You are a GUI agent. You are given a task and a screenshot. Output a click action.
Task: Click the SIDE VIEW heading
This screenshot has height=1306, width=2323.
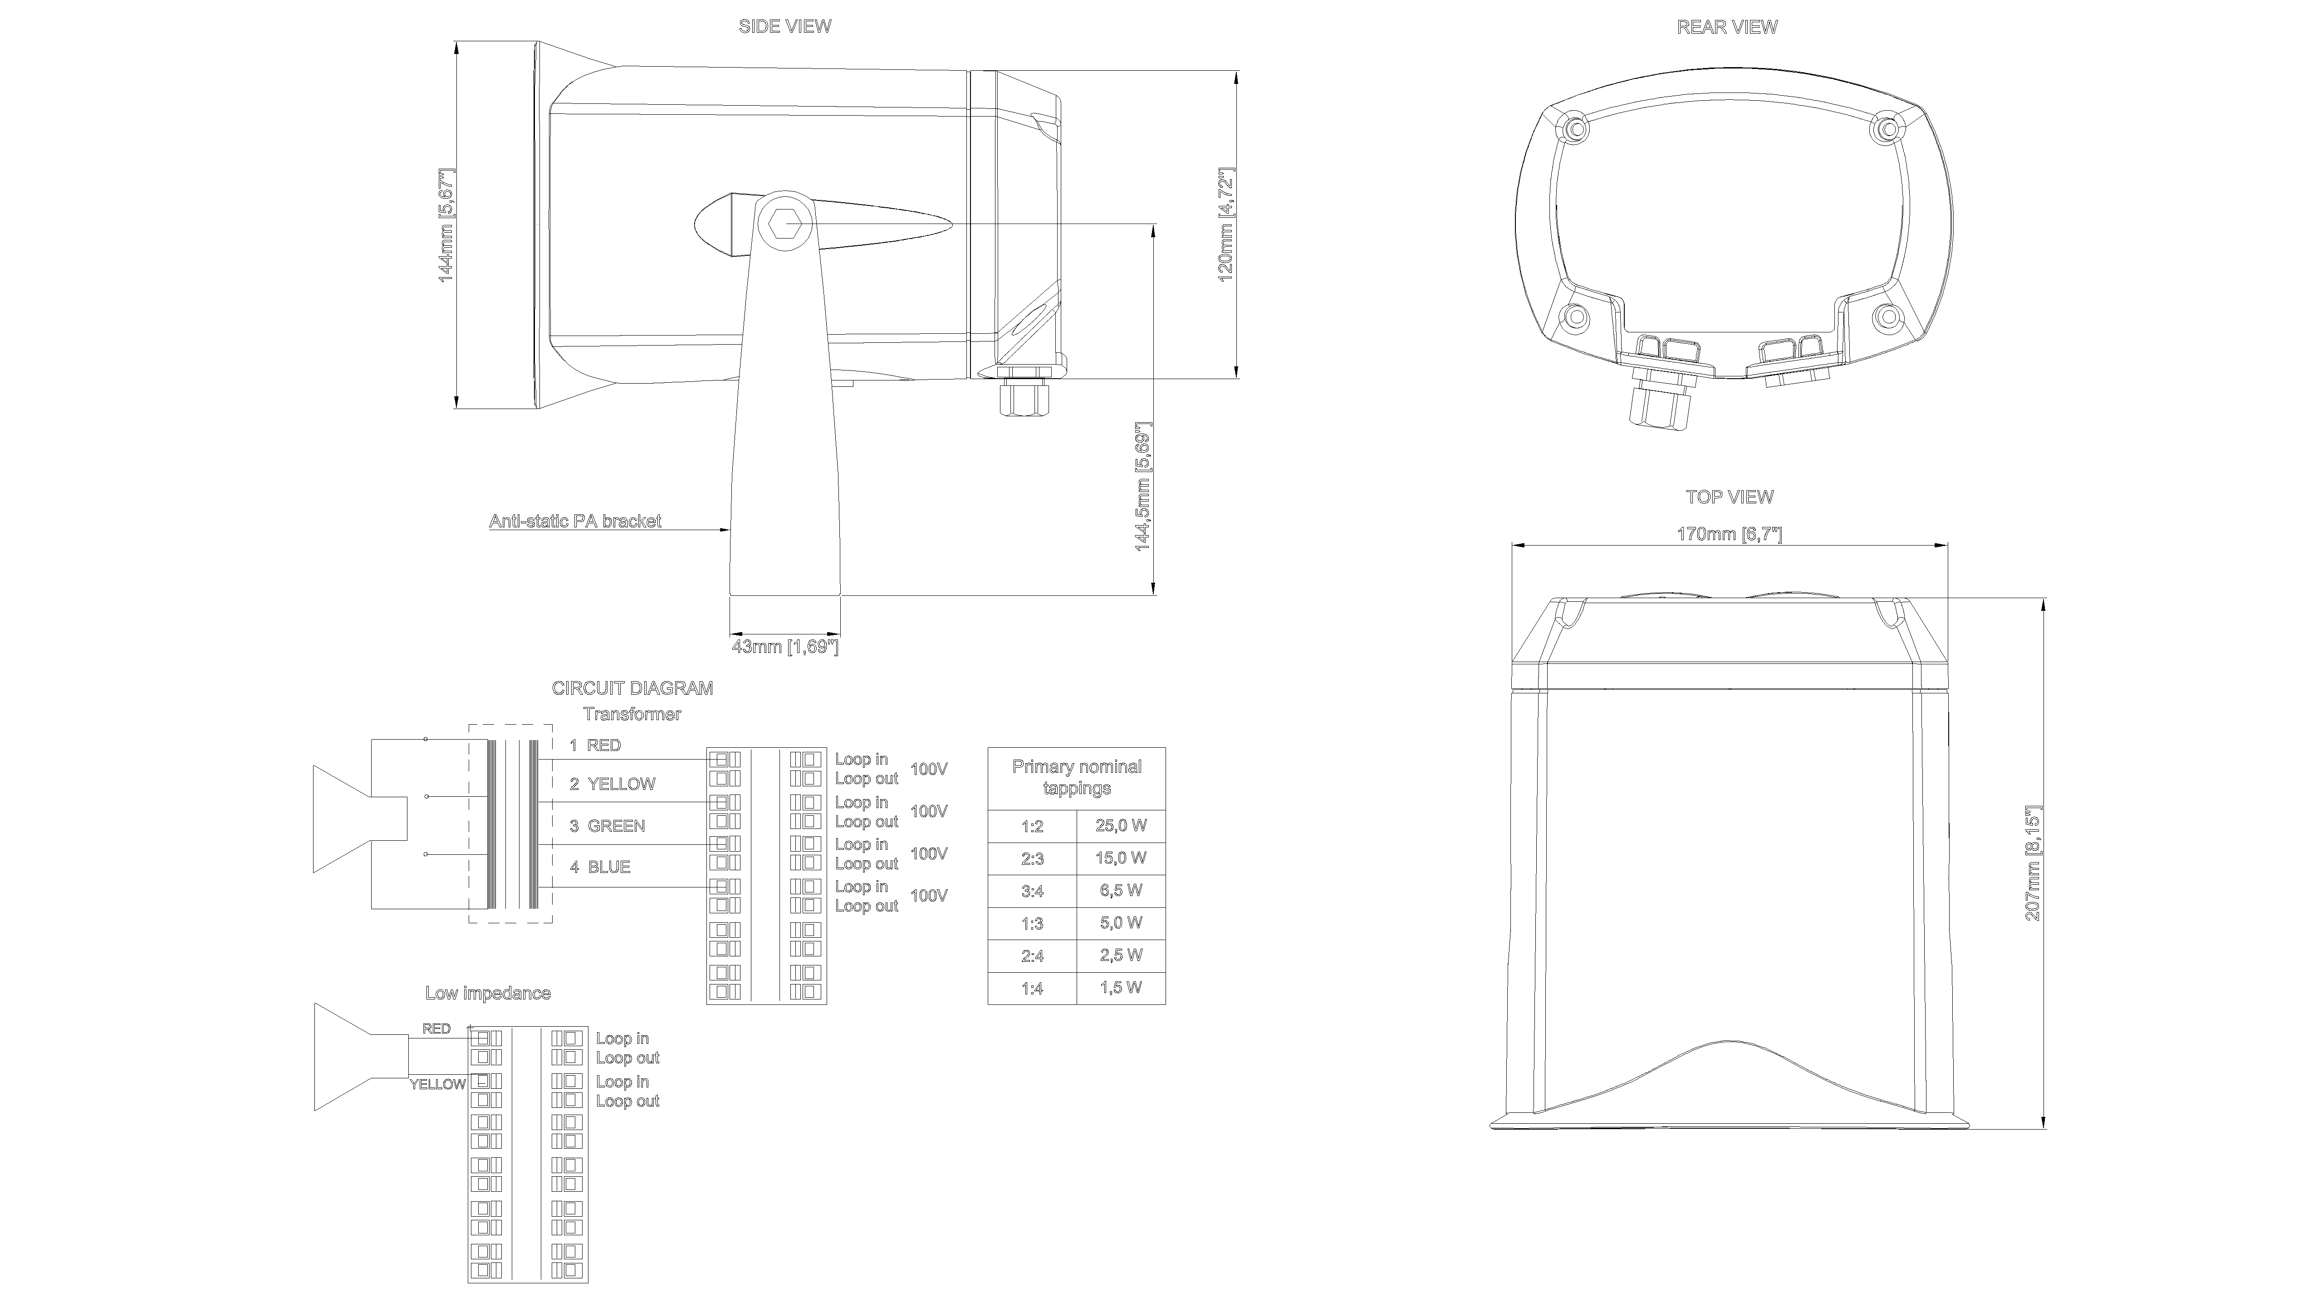[784, 26]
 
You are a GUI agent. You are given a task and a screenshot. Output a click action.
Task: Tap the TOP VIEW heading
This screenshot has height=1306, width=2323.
[1729, 497]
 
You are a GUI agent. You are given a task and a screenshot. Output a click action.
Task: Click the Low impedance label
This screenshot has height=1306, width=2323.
[488, 993]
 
